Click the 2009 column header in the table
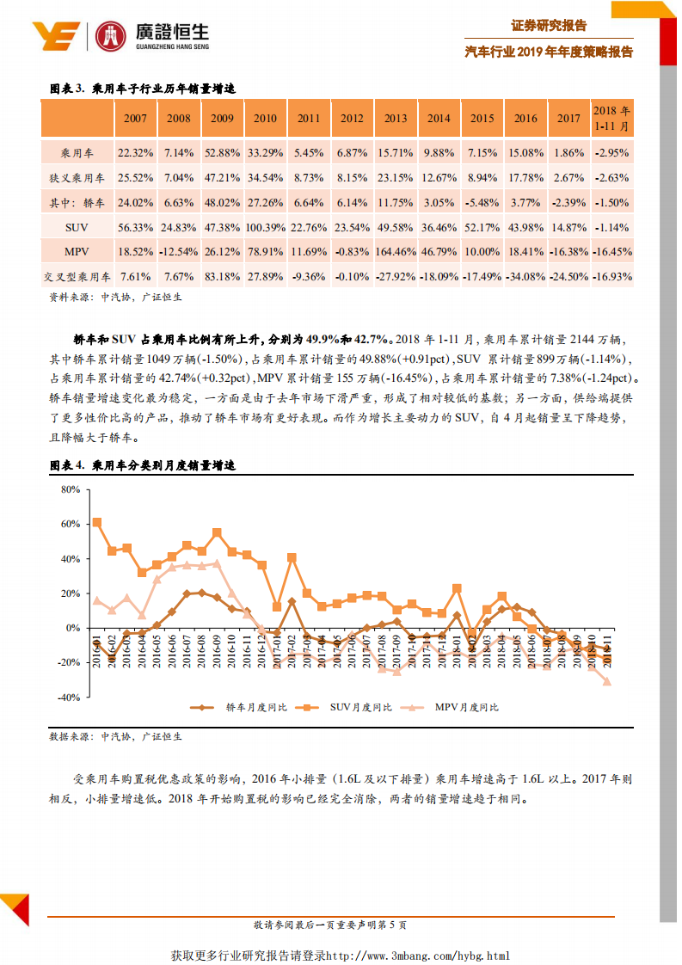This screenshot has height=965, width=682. [x=222, y=119]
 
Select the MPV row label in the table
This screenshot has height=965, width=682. [x=77, y=252]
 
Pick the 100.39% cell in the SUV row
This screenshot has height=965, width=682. [x=266, y=227]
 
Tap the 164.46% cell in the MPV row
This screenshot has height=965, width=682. [x=396, y=252]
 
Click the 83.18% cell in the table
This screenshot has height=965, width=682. [x=222, y=277]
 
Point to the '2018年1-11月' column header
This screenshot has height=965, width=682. [x=611, y=119]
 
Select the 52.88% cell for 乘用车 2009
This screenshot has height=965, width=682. [x=222, y=153]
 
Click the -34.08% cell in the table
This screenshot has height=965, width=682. [x=525, y=277]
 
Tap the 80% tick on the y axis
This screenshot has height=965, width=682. [x=69, y=489]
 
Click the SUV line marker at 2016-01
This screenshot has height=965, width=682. [x=97, y=522]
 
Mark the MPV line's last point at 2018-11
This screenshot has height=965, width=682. [x=607, y=681]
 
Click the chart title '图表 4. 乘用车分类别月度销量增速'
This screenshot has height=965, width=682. [x=143, y=465]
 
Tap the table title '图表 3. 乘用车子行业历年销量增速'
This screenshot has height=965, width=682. [x=143, y=89]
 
